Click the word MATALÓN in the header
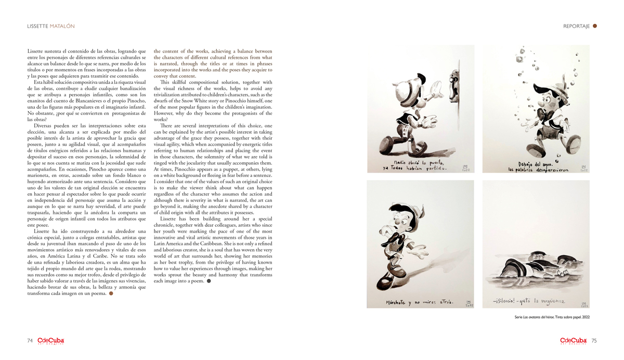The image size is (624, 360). (x=62, y=26)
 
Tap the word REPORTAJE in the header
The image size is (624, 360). (x=576, y=26)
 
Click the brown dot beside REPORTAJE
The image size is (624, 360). (x=595, y=26)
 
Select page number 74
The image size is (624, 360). (x=30, y=341)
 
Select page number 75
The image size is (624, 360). (x=594, y=341)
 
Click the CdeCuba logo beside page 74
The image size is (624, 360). (x=50, y=341)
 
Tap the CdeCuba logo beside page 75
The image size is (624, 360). (x=574, y=341)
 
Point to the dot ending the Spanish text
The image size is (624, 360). (x=111, y=293)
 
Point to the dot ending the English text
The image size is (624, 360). (x=209, y=281)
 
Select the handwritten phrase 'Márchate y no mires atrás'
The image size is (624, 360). (x=419, y=302)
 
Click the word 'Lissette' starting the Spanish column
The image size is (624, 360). (x=36, y=51)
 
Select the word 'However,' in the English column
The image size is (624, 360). (x=164, y=113)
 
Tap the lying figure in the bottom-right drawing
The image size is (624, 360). (x=536, y=268)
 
